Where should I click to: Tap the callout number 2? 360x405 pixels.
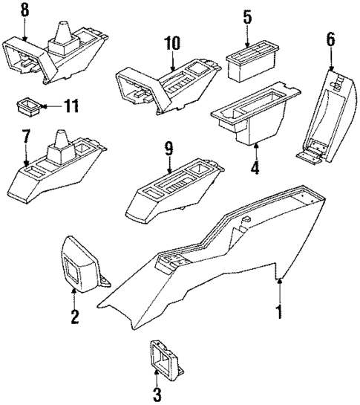pos(75,317)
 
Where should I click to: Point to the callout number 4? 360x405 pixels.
pos(255,167)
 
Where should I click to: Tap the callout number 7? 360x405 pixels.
pos(27,137)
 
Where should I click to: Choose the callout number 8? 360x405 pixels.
pos(24,10)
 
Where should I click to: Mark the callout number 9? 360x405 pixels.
pos(169,148)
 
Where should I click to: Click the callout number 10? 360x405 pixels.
pos(172,44)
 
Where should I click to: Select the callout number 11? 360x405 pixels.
pos(70,107)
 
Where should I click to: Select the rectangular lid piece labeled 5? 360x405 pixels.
pos(250,63)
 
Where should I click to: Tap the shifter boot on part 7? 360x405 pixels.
pos(60,147)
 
